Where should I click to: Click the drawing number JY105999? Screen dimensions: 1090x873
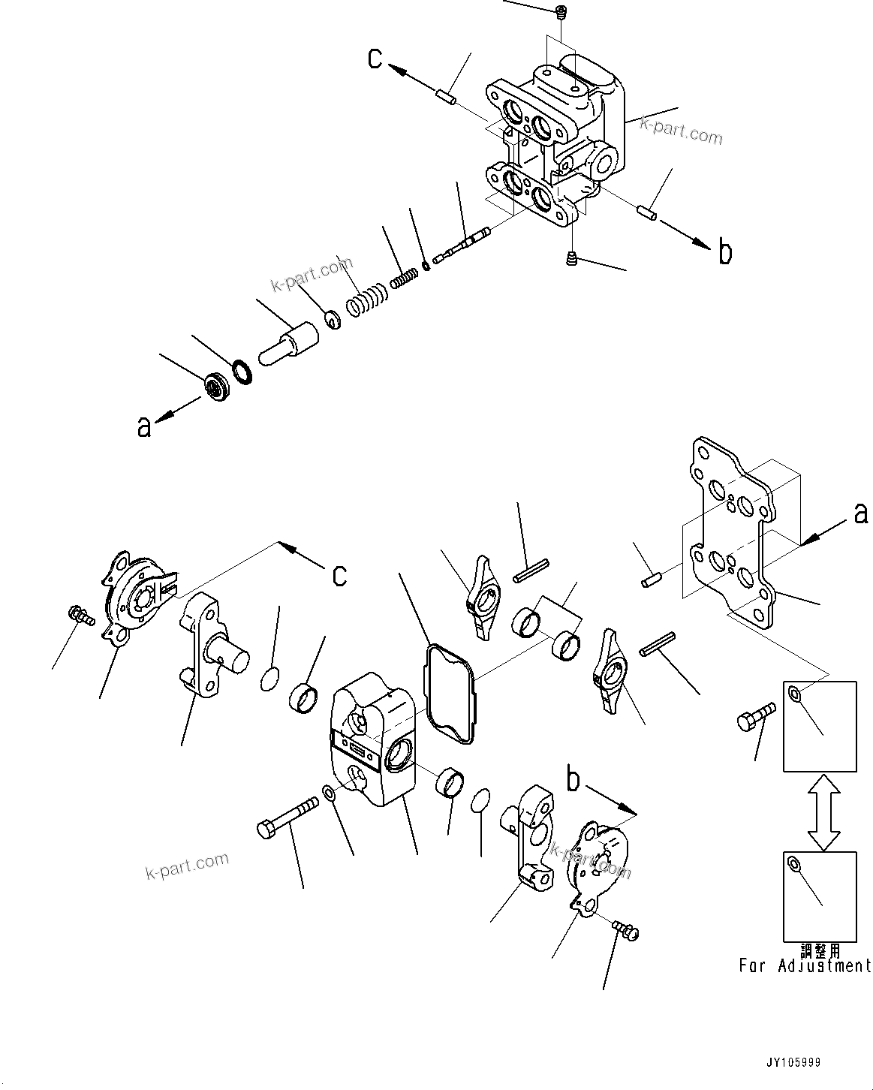coord(793,1063)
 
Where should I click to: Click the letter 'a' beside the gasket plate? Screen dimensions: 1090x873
coord(860,513)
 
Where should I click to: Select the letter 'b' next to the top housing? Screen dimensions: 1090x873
coord(724,253)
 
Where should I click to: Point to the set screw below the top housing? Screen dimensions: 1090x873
coord(571,259)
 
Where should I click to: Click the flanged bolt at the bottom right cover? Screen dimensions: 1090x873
coord(625,931)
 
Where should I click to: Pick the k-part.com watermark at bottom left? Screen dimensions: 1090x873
coord(188,866)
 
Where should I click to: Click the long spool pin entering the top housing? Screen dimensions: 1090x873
coord(461,244)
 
